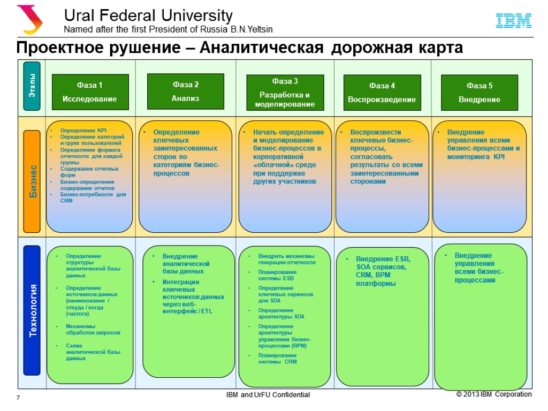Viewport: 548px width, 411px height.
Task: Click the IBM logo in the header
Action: point(513,21)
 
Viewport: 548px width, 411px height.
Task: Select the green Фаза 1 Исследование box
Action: point(90,92)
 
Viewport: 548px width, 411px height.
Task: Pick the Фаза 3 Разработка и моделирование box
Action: point(285,93)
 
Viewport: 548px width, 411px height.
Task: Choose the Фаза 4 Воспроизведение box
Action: point(382,93)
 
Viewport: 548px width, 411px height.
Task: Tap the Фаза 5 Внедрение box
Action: point(479,93)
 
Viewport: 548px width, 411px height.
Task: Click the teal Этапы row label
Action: point(32,86)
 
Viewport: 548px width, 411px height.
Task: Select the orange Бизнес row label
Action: point(32,181)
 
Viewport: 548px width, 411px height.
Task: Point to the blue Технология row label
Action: point(32,310)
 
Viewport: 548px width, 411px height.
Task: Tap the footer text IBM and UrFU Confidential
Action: point(268,395)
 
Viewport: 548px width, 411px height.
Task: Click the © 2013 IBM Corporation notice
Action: point(493,394)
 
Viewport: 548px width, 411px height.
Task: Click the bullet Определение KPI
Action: point(83,131)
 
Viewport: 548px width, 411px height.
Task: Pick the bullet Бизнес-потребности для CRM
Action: point(93,197)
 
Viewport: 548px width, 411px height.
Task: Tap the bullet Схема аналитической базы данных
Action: point(93,352)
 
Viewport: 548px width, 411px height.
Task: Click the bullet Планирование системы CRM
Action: point(277,359)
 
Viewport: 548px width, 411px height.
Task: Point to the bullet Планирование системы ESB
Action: point(276,275)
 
